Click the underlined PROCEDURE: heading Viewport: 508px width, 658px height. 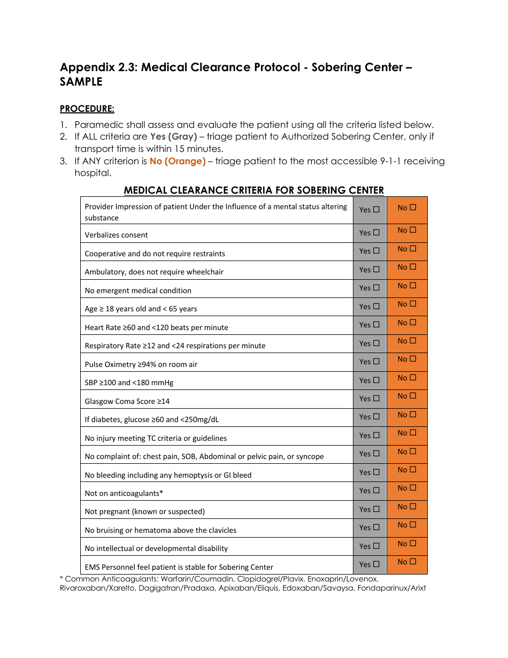(x=87, y=109)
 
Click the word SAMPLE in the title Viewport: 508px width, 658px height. (x=81, y=82)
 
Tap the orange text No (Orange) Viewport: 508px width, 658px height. (x=178, y=161)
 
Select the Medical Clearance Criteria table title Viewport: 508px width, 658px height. (x=253, y=190)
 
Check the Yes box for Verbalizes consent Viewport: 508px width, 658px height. (x=376, y=233)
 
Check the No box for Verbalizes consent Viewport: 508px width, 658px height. (x=413, y=230)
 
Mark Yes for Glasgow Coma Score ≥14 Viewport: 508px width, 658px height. (x=376, y=399)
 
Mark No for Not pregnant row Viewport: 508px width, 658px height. (x=413, y=507)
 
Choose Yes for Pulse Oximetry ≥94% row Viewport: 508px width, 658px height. (x=376, y=362)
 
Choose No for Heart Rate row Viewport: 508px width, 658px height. (x=413, y=323)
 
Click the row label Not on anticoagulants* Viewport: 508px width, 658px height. (x=124, y=493)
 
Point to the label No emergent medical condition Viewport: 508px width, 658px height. (x=138, y=290)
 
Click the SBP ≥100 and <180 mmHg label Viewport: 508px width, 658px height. (x=129, y=382)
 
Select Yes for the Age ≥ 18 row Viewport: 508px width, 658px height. (x=376, y=307)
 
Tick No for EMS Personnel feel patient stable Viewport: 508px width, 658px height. (x=413, y=562)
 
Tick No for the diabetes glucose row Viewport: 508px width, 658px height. (x=413, y=415)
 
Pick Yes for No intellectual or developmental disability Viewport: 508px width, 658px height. (x=376, y=546)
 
